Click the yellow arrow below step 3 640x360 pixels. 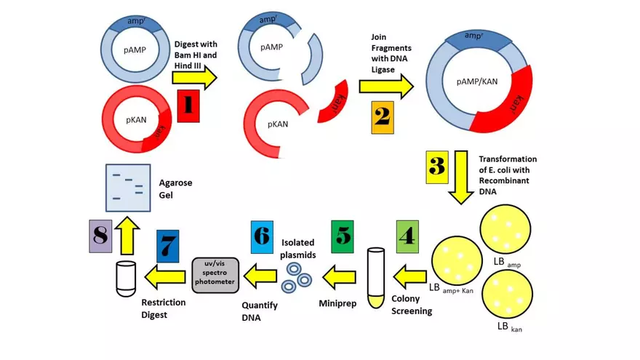coord(460,177)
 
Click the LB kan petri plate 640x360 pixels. coord(507,295)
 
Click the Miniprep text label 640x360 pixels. coord(337,300)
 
